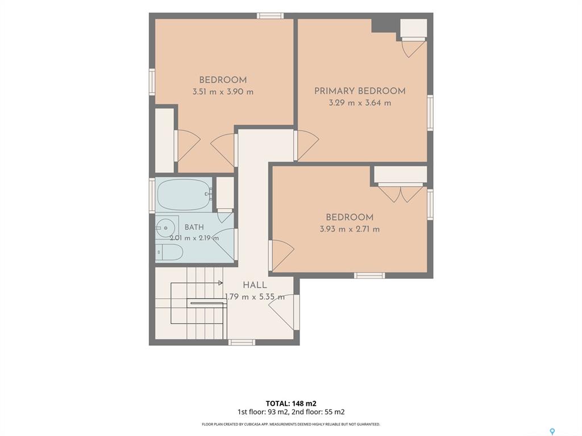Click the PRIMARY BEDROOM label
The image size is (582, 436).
click(360, 91)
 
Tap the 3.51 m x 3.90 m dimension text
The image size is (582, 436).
click(223, 91)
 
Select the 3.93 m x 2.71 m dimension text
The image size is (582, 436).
click(350, 229)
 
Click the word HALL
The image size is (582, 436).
click(255, 285)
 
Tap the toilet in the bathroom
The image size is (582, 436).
click(169, 253)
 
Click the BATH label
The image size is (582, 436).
click(194, 227)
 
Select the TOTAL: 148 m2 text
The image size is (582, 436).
click(291, 404)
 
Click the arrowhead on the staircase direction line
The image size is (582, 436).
click(221, 283)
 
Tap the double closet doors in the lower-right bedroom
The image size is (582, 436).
click(401, 194)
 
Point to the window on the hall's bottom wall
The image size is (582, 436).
click(241, 342)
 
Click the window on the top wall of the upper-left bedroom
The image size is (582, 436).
click(270, 15)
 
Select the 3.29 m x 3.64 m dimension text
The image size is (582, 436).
click(360, 103)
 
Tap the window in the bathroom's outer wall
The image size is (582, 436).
click(152, 195)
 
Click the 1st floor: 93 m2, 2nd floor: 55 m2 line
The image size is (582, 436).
click(291, 412)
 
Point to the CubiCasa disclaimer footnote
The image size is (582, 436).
click(291, 424)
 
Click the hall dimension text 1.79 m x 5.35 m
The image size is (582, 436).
click(255, 297)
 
